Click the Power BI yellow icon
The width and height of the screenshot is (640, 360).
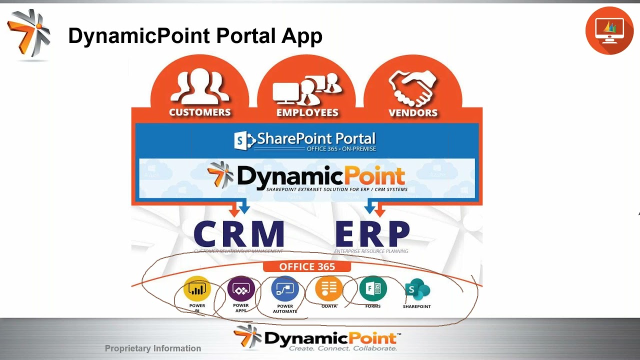coord(197,289)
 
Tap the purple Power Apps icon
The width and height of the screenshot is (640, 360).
coord(241,289)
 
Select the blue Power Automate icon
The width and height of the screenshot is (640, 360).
coord(284,289)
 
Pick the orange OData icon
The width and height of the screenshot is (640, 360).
coord(328,288)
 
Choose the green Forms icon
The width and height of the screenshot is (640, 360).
coord(372,288)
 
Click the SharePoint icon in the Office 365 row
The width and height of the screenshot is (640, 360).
coord(417,289)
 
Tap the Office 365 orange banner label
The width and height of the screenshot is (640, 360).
coord(307,267)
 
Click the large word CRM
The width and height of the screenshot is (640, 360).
coord(238,234)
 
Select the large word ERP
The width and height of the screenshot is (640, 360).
coord(372,234)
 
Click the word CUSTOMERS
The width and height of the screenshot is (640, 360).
coord(200,112)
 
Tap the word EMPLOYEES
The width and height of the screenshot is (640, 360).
coord(307,112)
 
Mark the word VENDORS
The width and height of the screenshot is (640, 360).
coord(413,112)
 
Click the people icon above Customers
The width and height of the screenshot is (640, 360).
coord(200,86)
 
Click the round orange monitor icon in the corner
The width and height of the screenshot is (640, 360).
coord(609,30)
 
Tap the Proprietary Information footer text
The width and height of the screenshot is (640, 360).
coord(153,348)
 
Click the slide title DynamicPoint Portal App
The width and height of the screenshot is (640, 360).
coord(195,36)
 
